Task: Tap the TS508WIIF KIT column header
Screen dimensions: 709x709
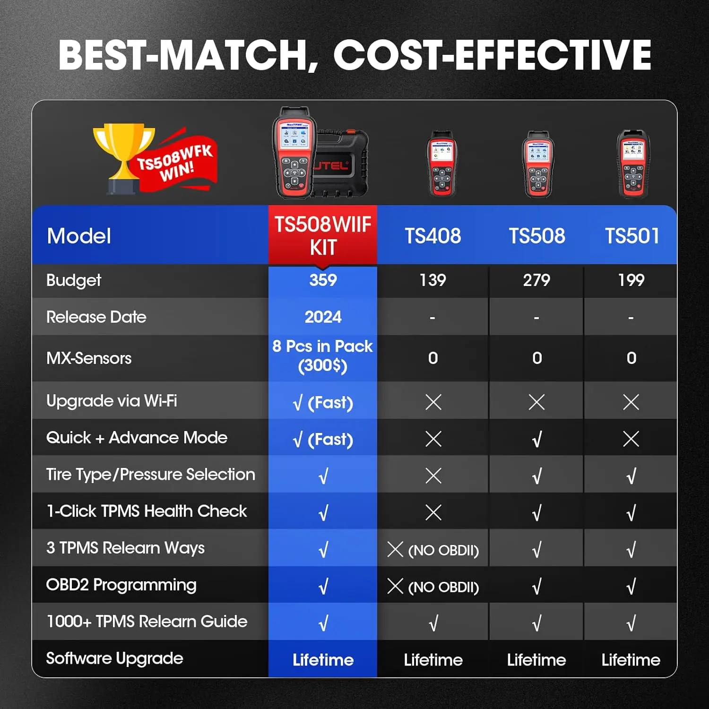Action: tap(323, 235)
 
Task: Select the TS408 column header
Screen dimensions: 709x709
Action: tap(433, 236)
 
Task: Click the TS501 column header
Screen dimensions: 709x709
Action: tap(632, 236)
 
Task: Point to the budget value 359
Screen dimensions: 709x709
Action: tap(323, 280)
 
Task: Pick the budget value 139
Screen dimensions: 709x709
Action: tap(433, 280)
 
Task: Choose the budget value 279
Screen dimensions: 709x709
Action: tap(536, 280)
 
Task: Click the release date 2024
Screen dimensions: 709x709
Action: tap(323, 317)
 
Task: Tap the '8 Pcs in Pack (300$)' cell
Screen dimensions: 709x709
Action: tap(323, 356)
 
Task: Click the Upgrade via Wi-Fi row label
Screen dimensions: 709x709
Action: tap(112, 401)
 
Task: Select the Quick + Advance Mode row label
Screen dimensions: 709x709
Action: tap(137, 438)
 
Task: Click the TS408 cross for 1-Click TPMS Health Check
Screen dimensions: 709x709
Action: tap(433, 512)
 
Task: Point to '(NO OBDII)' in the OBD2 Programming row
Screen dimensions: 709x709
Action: tap(443, 587)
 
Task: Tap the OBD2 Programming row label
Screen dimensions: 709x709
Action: tap(121, 585)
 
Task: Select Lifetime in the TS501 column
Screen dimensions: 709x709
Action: tap(631, 660)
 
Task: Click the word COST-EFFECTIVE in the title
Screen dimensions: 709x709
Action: tap(492, 55)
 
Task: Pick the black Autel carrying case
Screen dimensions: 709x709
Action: tap(341, 163)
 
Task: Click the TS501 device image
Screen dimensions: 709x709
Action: tap(633, 164)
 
